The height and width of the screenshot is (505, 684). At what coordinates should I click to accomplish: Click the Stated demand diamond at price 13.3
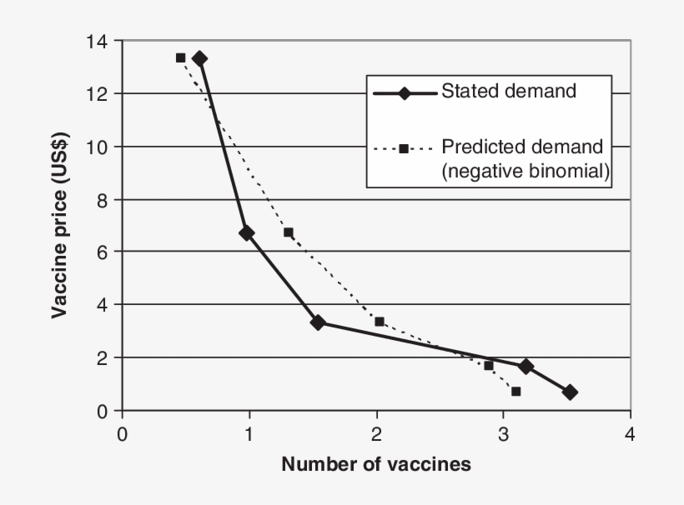199,58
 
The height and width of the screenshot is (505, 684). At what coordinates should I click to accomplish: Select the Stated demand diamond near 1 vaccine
246,233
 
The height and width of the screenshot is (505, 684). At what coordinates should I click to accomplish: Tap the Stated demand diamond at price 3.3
317,322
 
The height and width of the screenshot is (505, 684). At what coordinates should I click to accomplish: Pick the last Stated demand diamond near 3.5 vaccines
570,392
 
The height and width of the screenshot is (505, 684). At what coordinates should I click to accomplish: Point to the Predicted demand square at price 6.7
288,232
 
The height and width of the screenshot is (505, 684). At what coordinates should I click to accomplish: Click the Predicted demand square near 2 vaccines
380,322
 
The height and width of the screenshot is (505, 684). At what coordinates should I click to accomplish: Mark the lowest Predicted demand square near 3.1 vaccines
516,391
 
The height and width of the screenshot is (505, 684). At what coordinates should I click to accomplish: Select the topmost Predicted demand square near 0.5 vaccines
180,57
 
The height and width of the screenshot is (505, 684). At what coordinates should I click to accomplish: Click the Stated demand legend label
509,91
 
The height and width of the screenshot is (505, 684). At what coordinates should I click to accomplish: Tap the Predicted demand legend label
521,147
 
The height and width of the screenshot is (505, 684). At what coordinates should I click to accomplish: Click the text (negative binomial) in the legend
526,171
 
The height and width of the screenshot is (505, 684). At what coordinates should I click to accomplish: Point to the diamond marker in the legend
404,92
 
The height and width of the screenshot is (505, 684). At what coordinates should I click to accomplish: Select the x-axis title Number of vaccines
376,464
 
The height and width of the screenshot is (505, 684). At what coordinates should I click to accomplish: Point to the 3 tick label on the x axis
503,433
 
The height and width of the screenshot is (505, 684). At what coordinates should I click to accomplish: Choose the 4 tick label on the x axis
630,433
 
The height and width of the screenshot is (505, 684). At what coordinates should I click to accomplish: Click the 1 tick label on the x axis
249,433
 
